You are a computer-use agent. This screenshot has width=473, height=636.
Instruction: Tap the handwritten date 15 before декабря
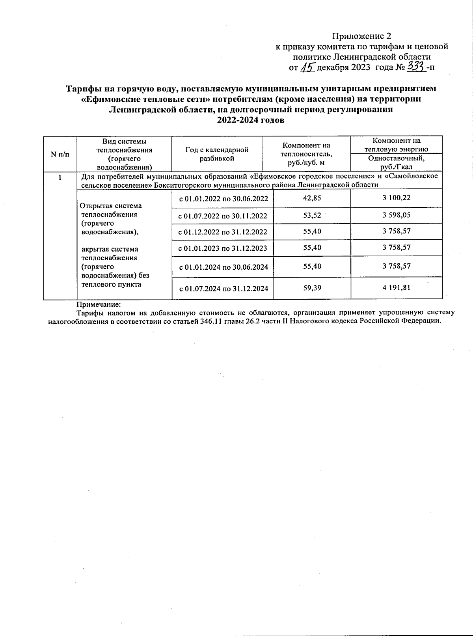click(x=307, y=67)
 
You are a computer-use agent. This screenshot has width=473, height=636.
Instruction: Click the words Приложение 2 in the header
click(x=361, y=36)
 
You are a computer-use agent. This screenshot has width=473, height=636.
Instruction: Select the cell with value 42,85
click(x=312, y=198)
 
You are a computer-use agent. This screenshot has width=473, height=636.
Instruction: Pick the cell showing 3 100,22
click(x=396, y=198)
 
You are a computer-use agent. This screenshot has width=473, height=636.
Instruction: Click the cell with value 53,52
click(x=312, y=215)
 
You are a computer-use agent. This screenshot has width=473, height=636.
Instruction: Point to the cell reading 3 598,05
click(x=396, y=215)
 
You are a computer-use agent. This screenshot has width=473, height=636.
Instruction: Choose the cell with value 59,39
click(x=312, y=288)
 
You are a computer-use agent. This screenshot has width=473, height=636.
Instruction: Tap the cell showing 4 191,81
click(x=396, y=287)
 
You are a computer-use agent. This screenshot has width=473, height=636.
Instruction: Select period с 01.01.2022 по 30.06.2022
click(x=223, y=199)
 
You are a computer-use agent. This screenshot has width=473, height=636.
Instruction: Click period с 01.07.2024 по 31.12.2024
click(x=223, y=289)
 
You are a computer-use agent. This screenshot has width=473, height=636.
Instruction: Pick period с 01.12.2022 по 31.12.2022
click(x=223, y=232)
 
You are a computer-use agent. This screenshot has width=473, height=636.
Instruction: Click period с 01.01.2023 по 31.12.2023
click(x=223, y=248)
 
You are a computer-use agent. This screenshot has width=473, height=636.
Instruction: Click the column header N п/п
click(x=60, y=154)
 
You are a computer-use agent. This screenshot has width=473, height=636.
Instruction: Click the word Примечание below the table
click(x=98, y=304)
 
